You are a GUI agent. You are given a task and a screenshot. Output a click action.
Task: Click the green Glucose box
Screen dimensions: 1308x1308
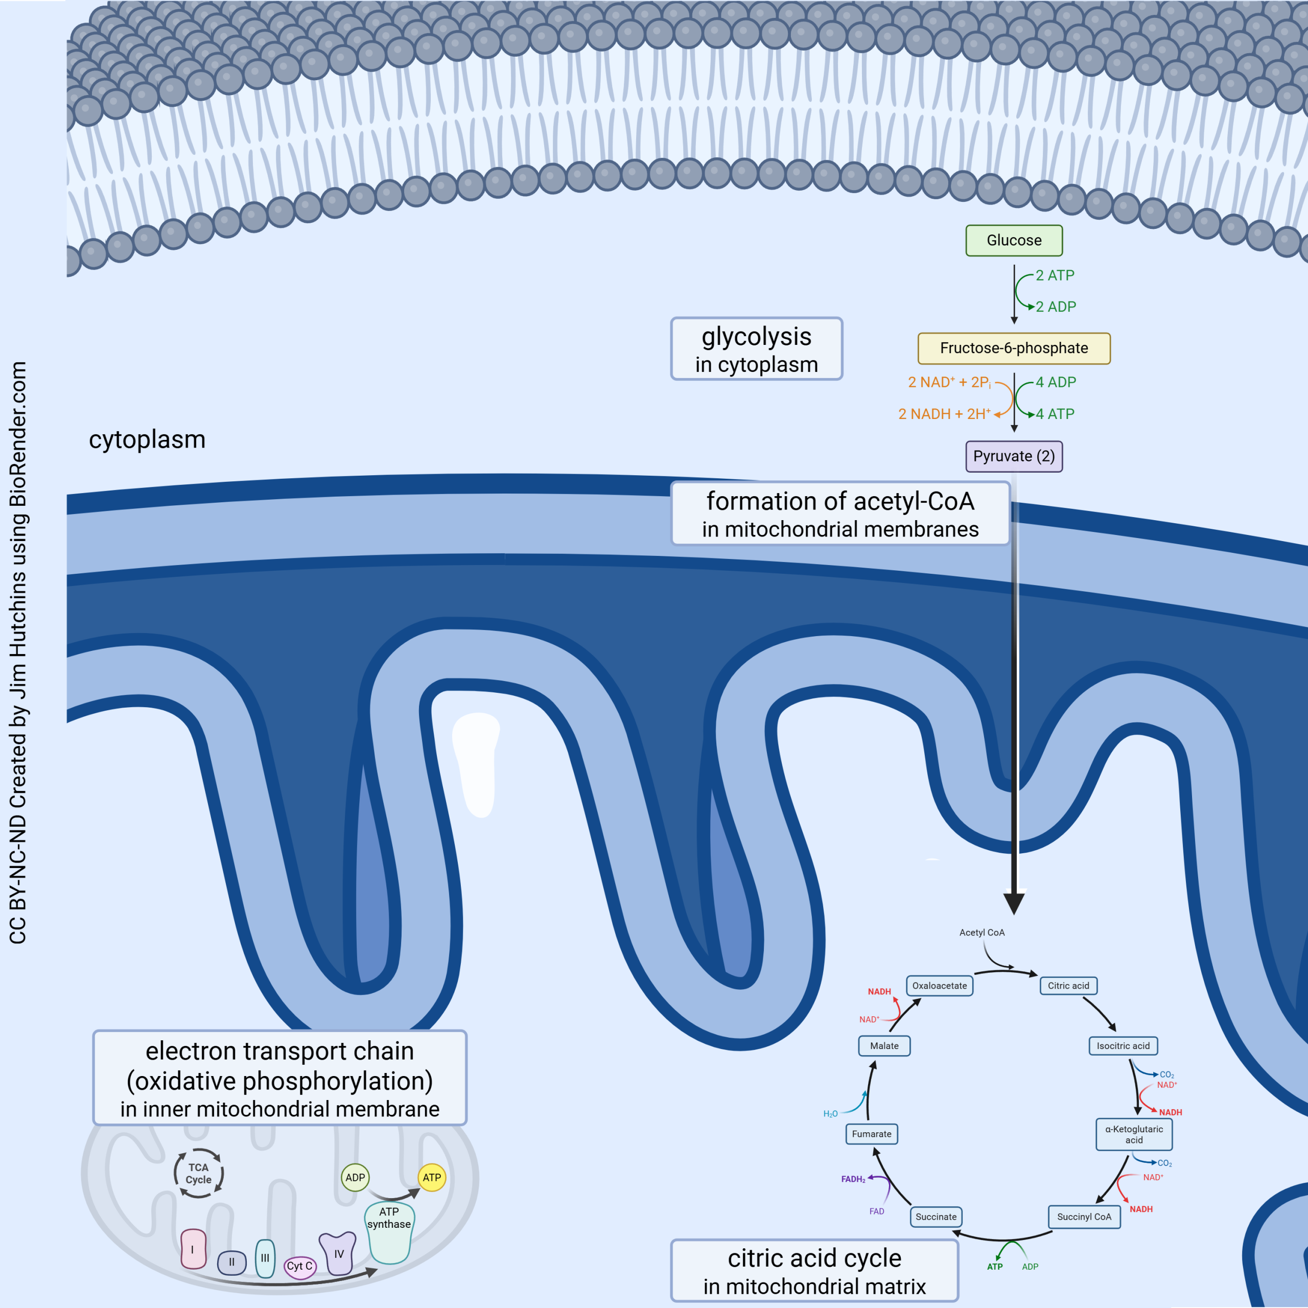coord(1014,240)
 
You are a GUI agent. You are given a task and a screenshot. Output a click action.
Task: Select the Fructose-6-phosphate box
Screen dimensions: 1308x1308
coord(1014,348)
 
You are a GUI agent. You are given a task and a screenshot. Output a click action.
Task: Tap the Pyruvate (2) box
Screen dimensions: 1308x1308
coord(1014,456)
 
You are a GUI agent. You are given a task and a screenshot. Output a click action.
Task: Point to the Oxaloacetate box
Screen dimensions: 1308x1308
coord(939,986)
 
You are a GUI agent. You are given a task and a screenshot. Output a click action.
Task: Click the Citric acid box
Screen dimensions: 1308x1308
coord(1068,986)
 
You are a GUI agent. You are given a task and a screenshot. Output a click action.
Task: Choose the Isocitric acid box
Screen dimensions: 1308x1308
coord(1123,1046)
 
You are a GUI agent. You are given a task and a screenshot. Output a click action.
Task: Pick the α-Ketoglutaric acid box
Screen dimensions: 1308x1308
coord(1134,1134)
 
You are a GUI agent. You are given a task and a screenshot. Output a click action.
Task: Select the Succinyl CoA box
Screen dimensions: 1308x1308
coord(1084,1217)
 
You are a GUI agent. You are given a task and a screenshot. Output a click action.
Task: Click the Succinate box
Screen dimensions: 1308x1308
coord(936,1217)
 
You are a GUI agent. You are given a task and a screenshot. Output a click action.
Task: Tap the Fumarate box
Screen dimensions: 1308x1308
coord(871,1134)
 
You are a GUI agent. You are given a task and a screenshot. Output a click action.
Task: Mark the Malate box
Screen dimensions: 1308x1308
coord(884,1046)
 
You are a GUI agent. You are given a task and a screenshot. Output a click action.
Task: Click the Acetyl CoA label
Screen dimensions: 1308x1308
coord(982,932)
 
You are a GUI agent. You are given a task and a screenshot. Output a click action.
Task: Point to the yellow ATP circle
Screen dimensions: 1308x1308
coord(432,1177)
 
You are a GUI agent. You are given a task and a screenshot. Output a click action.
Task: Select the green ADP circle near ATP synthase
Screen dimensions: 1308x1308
coord(355,1177)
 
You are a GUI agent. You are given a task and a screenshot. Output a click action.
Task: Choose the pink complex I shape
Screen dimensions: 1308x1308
coord(193,1250)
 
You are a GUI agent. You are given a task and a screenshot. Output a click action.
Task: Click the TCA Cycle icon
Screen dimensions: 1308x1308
coord(198,1173)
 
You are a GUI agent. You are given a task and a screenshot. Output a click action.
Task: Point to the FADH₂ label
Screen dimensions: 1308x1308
coord(853,1179)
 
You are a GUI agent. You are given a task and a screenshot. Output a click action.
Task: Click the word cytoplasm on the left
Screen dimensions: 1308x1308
coord(147,439)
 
